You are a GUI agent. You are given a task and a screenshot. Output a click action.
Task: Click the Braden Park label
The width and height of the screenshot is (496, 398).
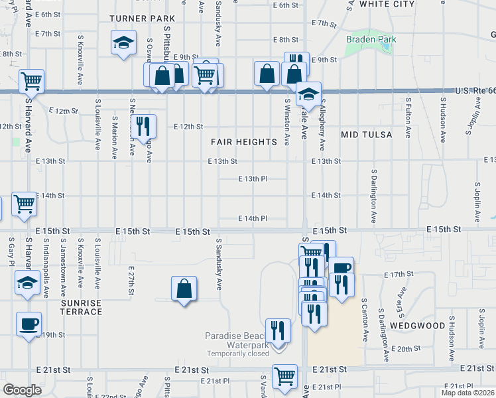tap(371, 39)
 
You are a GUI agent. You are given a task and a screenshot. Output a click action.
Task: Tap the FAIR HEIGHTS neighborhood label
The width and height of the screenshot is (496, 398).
tap(243, 142)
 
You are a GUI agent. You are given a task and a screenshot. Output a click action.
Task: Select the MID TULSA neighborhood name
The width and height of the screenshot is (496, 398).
tap(367, 135)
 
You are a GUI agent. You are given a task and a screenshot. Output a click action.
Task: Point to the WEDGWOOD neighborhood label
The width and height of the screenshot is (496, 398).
tap(417, 326)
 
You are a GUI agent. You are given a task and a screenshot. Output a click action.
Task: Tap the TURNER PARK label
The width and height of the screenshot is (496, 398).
tap(142, 19)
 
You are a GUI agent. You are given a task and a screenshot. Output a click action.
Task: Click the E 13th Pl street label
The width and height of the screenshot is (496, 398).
tap(253, 178)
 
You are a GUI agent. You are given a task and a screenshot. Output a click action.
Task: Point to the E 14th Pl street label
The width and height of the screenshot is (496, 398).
tap(253, 218)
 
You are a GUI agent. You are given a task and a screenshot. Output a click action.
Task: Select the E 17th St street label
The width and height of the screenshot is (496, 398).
tap(399, 273)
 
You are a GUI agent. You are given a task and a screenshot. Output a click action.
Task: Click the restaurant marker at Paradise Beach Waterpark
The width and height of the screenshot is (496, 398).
tap(279, 330)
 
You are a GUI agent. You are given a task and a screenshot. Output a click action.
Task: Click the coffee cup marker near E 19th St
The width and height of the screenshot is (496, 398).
tap(29, 324)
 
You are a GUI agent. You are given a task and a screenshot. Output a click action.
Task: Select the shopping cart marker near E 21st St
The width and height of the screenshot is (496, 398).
tap(285, 375)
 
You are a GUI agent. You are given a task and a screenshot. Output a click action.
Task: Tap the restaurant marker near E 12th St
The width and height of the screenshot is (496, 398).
tap(143, 125)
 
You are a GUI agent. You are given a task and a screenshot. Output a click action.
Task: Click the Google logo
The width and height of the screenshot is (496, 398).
tap(22, 390)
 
